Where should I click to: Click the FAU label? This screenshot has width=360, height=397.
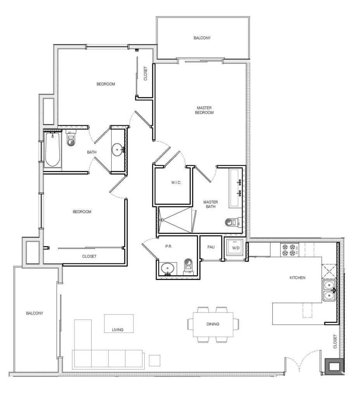click(x=211, y=247)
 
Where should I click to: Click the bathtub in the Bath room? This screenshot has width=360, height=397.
click(x=52, y=150)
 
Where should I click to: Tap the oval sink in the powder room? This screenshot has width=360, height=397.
click(x=167, y=268)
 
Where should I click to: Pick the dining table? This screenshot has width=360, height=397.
click(x=213, y=324)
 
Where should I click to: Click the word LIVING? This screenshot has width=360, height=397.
click(x=117, y=330)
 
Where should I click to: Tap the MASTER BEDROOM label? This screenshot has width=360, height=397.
click(x=205, y=110)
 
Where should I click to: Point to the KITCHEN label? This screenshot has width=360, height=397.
click(x=298, y=278)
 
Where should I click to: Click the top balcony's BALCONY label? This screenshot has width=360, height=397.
click(x=202, y=38)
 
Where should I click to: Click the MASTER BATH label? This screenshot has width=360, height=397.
click(x=211, y=205)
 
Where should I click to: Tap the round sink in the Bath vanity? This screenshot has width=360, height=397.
click(x=117, y=148)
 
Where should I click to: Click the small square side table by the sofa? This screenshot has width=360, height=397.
click(x=154, y=360)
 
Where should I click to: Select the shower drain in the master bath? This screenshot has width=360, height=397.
click(x=162, y=220)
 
